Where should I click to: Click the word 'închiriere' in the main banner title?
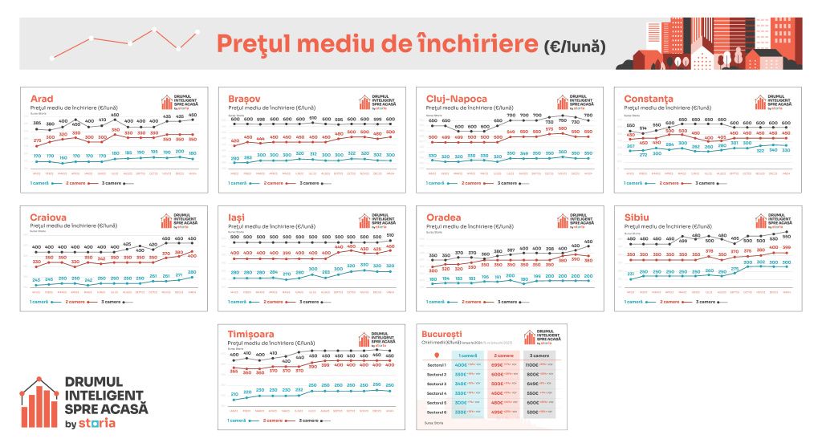coord(474,43)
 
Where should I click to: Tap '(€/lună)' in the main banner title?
coord(574,44)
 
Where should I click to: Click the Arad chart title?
coord(42,99)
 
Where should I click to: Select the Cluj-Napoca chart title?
coord(456,99)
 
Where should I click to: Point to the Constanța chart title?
coord(650,99)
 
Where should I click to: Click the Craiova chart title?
coord(49,218)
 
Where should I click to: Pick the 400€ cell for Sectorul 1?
coord(462,365)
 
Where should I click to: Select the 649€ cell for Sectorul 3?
coord(532,384)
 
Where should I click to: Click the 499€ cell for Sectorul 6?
coord(497,412)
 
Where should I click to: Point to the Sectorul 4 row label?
coord(436,393)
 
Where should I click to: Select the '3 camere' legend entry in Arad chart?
coord(113,183)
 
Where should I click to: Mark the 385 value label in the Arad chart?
coord(37,123)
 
